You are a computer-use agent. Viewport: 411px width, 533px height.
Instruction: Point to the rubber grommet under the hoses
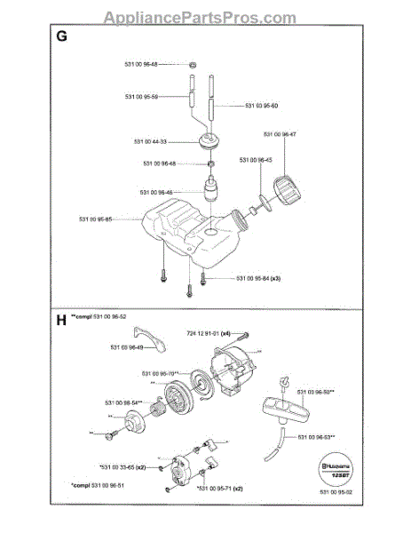tap(211, 141)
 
